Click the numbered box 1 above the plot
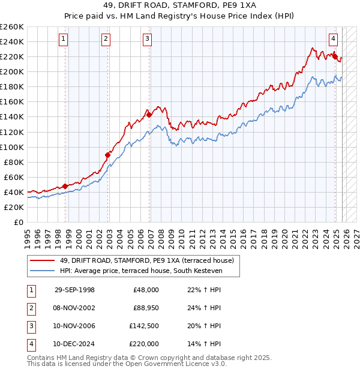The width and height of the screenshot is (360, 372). pyautogui.click(x=64, y=39)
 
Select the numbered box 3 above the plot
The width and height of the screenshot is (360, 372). pyautogui.click(x=147, y=39)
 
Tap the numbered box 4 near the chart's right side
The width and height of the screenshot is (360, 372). pyautogui.click(x=333, y=39)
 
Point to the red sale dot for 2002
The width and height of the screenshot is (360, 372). pyautogui.click(x=108, y=155)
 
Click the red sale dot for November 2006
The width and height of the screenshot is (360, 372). pyautogui.click(x=149, y=115)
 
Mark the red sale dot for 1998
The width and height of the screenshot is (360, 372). pyautogui.click(x=65, y=186)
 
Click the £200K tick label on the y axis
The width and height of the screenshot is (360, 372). pyautogui.click(x=12, y=71)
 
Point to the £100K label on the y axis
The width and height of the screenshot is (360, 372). pyautogui.click(x=12, y=147)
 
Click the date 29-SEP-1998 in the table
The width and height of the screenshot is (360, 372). pyautogui.click(x=74, y=290)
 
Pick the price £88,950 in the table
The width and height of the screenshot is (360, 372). pyautogui.click(x=144, y=308)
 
